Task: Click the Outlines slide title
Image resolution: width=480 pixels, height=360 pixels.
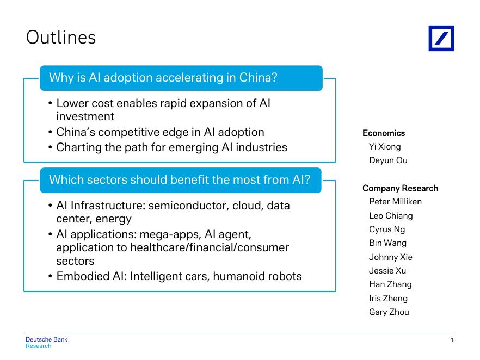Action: click(61, 38)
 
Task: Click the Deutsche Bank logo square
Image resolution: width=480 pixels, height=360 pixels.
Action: click(441, 38)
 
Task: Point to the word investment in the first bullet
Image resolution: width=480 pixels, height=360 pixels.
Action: click(85, 116)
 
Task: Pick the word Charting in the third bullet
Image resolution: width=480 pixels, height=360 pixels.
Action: click(79, 147)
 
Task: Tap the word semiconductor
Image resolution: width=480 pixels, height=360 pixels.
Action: click(188, 206)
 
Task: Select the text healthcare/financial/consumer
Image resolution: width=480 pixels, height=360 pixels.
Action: click(210, 247)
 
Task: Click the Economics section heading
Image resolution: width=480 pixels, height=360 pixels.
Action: click(384, 133)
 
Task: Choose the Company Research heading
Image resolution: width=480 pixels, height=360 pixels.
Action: click(400, 188)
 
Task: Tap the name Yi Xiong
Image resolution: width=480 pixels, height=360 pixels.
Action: click(385, 147)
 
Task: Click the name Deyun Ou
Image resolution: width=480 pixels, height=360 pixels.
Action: click(388, 160)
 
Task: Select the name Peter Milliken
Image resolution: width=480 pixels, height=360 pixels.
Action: click(395, 202)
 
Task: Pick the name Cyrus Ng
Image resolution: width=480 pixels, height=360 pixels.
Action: click(387, 229)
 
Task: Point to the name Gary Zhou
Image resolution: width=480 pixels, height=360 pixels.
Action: click(389, 312)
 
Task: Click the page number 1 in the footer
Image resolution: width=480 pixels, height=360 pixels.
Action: click(452, 340)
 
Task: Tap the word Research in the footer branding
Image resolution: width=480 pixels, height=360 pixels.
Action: click(39, 346)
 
